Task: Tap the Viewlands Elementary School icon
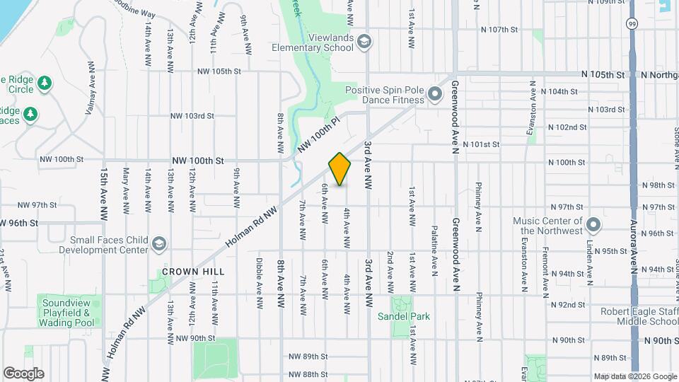pos(364,41)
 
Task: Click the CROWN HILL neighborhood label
pos(193,272)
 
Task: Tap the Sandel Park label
pos(404,316)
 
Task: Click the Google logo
pos(23,373)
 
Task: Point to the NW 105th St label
pos(219,71)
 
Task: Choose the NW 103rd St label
pos(192,115)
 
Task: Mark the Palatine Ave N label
pos(434,248)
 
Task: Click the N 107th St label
pos(499,30)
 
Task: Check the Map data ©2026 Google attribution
pos(634,376)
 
